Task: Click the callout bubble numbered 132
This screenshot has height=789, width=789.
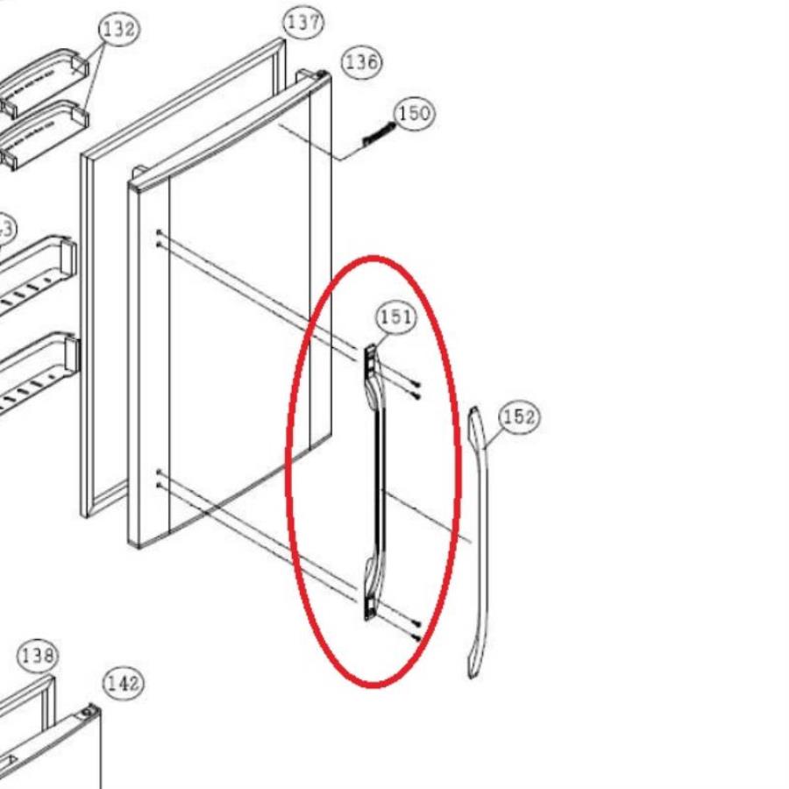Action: point(119,30)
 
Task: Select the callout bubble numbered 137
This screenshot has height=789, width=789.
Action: point(303,22)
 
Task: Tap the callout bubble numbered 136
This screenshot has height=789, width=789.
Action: point(361,61)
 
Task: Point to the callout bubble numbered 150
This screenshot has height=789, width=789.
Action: point(414,113)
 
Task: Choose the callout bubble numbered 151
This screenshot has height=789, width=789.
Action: point(395,317)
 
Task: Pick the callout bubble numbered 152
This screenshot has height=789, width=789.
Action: point(518,417)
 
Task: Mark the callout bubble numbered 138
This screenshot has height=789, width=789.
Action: point(38,655)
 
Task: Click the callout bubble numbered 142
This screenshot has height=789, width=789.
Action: point(124,682)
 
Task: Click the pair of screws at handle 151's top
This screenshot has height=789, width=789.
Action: point(415,391)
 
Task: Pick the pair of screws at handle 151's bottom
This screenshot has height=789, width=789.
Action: point(416,629)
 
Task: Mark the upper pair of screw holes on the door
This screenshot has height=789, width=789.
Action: point(158,238)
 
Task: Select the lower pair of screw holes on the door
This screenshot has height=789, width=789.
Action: point(159,478)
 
